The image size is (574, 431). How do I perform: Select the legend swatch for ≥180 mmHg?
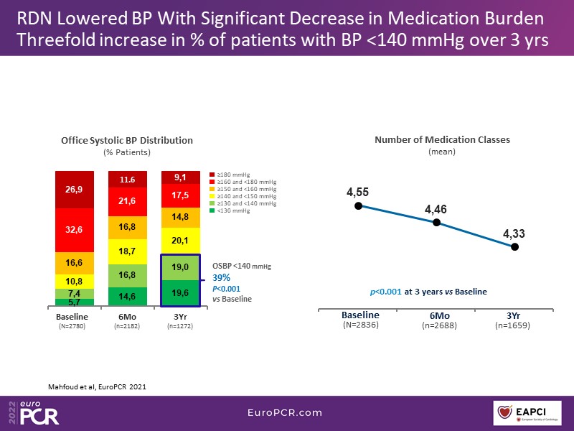point(212,175)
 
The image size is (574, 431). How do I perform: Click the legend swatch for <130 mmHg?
point(212,210)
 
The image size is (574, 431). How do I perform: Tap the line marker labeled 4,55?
point(358,205)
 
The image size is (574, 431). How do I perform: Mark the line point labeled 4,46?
point(436,223)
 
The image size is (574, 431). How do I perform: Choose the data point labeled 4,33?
point(514,246)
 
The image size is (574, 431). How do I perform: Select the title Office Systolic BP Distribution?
point(127,140)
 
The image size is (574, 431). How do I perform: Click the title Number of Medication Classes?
point(442,140)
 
